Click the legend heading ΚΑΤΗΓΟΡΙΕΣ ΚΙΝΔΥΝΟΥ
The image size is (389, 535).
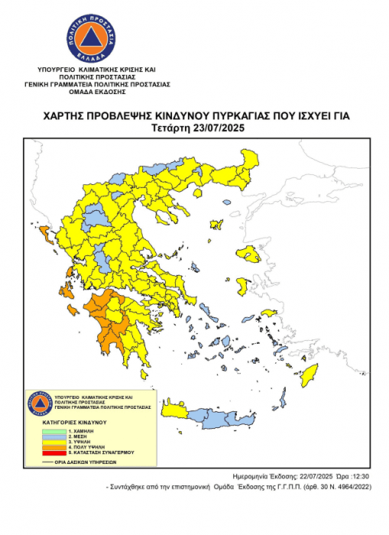pyautogui.click(x=68, y=422)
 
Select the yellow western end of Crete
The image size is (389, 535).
pyautogui.click(x=173, y=410)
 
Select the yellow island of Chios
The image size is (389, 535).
pyautogui.click(x=243, y=287)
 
